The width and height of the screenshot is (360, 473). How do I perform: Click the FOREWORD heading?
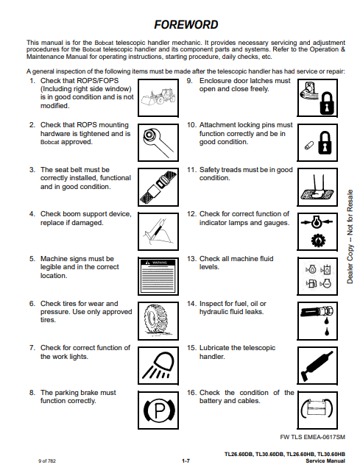pos(186,25)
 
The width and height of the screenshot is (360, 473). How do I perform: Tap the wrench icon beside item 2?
pos(158,143)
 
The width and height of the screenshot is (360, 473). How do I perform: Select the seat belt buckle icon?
pos(158,187)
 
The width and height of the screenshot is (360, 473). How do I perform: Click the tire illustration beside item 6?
pos(158,321)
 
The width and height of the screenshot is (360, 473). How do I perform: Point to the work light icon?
pos(158,366)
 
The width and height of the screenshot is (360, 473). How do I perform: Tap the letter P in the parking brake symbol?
pos(160,410)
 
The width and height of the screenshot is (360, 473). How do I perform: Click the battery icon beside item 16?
pos(317,409)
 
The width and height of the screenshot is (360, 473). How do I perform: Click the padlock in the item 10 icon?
pos(325,143)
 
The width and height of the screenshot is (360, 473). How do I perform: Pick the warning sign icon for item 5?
pos(158,276)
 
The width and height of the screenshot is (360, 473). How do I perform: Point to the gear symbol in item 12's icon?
pos(318,241)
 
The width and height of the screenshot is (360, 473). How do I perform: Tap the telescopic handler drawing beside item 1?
pos(158,97)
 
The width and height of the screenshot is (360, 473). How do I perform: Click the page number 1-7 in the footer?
pos(186,460)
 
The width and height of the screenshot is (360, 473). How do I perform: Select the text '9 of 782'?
pos(47,461)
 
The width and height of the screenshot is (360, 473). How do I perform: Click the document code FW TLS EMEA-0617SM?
pos(312,437)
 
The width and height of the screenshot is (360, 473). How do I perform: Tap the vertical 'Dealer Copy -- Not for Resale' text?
pos(350,237)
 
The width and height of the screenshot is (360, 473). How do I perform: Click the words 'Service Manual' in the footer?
pos(325,461)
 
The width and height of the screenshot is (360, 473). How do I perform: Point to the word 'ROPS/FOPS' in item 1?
pos(98,81)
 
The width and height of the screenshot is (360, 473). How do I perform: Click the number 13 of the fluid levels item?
pos(191,259)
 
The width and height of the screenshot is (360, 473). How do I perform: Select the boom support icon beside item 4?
pos(158,232)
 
